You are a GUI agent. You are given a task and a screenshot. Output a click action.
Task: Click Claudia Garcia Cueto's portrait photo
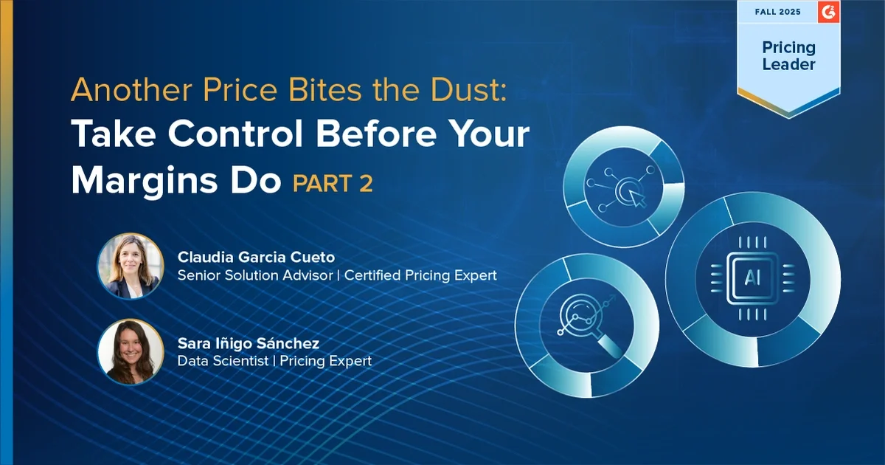point(131,266)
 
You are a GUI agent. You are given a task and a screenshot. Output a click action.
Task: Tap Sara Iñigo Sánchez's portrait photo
point(131,352)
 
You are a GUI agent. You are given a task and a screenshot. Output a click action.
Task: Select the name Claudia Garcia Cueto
point(256,257)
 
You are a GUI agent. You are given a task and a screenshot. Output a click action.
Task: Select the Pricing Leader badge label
point(788,56)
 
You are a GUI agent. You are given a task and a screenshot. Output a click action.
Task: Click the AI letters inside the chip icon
point(752,278)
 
